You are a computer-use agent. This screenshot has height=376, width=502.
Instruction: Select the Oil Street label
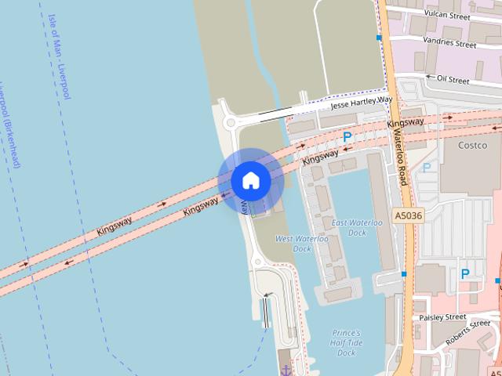coord(453,79)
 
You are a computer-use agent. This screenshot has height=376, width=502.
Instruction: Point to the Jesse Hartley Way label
coord(360,102)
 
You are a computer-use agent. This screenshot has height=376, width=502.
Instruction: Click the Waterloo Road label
coord(400,156)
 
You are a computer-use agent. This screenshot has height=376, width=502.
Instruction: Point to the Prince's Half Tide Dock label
coord(346,342)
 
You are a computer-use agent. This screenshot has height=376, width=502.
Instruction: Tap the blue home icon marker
coord(250,181)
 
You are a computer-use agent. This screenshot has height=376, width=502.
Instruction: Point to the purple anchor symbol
coord(286,369)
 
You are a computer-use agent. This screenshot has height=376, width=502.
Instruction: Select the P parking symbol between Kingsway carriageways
coord(347,137)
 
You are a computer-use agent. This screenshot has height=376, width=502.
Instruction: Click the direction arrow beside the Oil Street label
coord(429,78)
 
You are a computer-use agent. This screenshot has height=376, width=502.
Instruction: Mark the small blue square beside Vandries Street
coord(379,38)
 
